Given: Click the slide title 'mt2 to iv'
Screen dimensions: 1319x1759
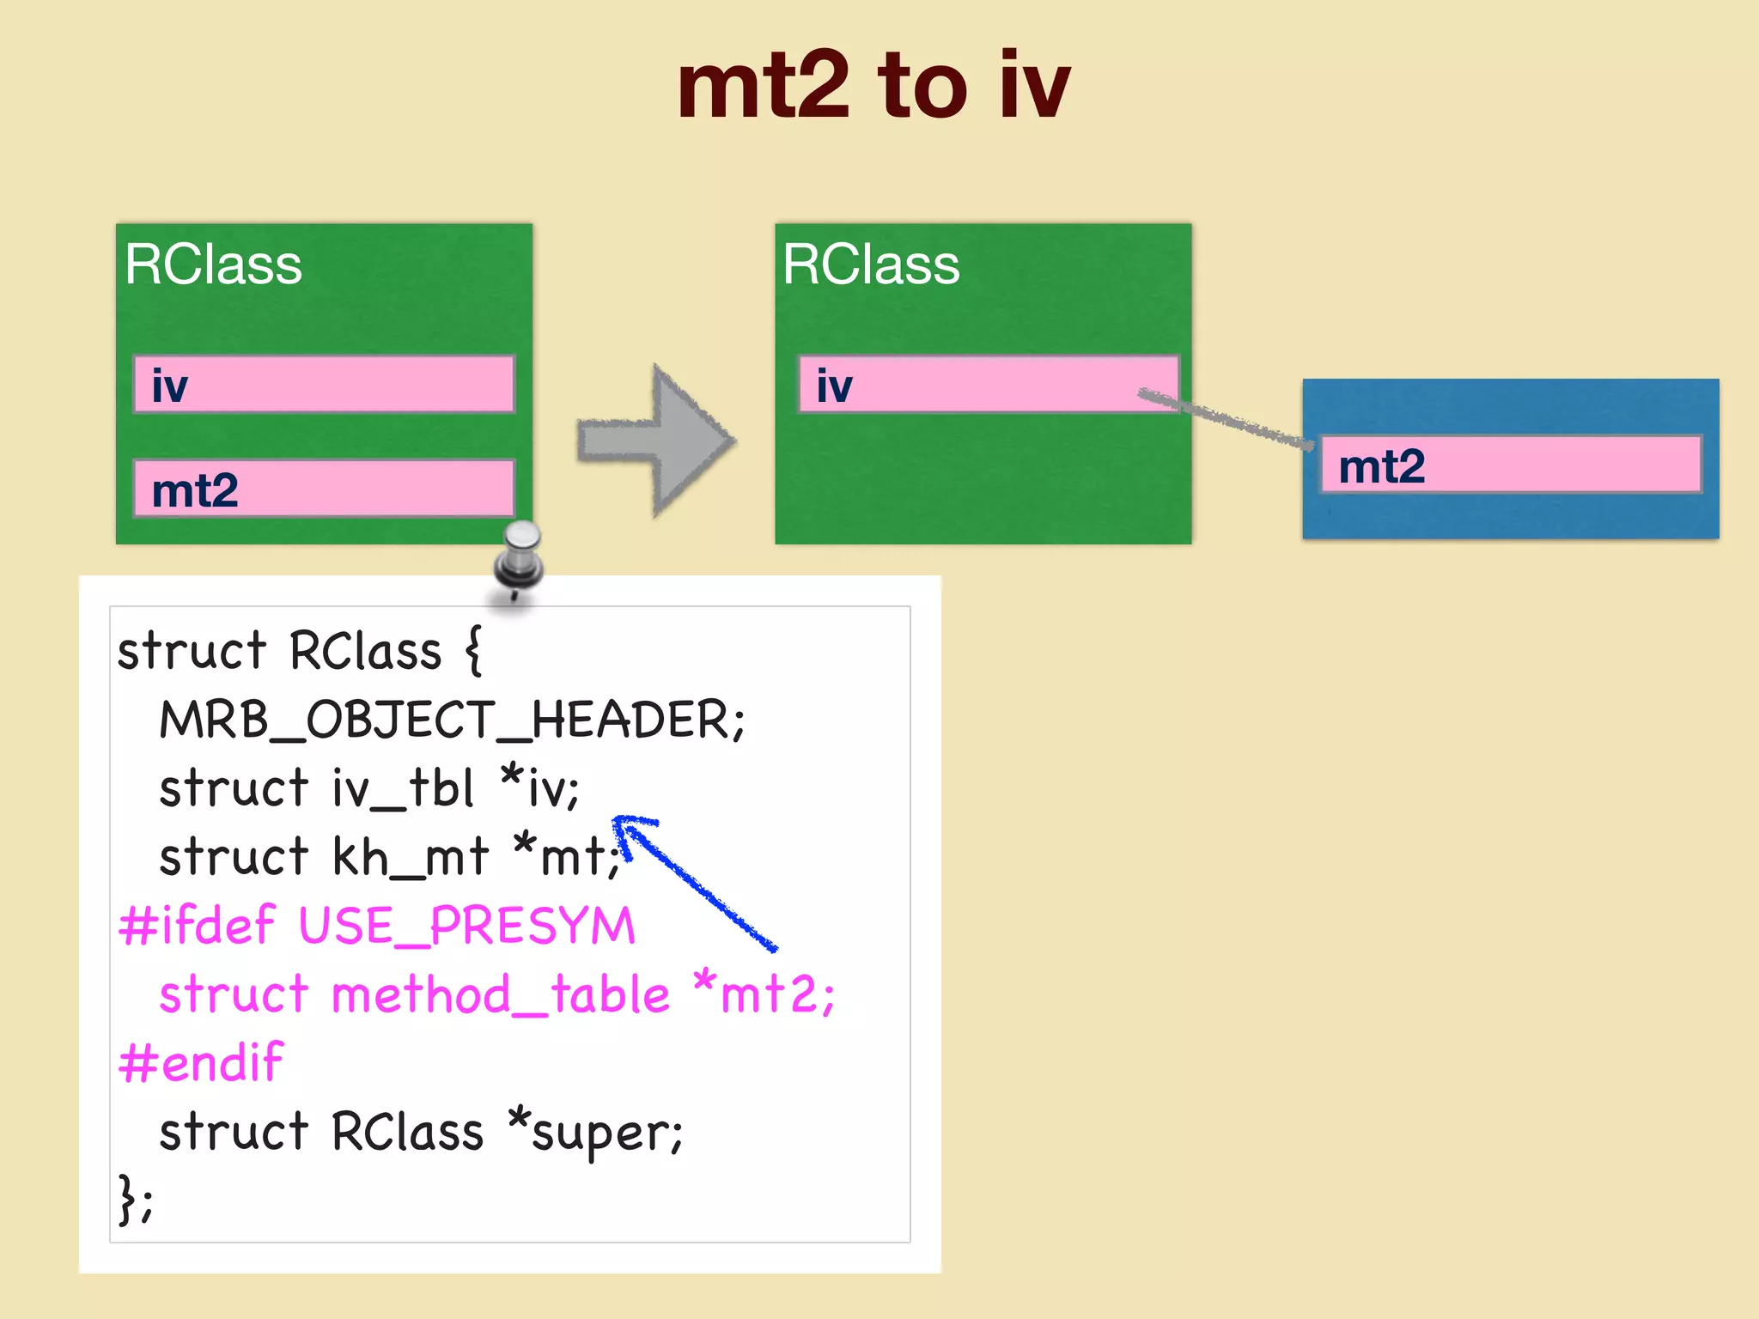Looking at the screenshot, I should coord(873,86).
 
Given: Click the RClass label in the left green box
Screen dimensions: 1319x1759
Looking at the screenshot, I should coord(213,264).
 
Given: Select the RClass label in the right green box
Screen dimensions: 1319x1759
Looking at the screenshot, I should coord(871,264).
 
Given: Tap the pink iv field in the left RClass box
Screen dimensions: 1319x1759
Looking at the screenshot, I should coord(324,384).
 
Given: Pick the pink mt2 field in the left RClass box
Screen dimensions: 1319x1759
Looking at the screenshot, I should coord(324,489).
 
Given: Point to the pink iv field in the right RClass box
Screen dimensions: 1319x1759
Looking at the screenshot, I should coord(988,384).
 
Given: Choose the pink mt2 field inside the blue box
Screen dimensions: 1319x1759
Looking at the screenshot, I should coord(1510,465).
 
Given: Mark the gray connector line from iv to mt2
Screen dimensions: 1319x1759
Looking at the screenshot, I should coord(1226,419).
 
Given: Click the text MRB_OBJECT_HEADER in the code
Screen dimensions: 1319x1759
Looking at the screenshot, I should coord(452,720).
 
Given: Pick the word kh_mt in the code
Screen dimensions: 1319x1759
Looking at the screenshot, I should coord(410,857).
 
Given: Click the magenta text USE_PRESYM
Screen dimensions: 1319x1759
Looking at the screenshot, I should coord(466,926).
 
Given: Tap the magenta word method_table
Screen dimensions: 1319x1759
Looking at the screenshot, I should coord(500,994).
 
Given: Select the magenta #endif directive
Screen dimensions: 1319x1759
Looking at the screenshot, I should coord(201,1063).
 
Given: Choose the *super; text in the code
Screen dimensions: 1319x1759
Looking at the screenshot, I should coord(595,1132).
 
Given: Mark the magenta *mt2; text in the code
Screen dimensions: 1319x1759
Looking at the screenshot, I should coord(764,994).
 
